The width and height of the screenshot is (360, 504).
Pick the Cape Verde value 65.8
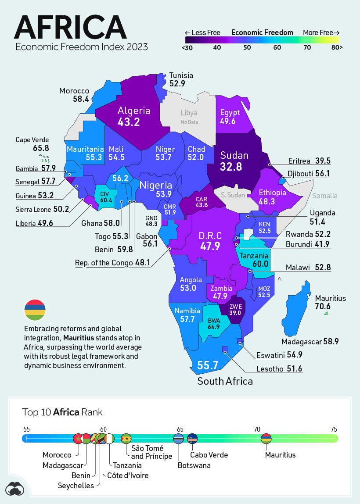pos(39,148)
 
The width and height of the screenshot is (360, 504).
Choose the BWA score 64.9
pos(214,327)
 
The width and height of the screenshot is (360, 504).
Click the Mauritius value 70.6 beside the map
pos(323,306)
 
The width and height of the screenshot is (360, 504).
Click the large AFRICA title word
pos(70,27)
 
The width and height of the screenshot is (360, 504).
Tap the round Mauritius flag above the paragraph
pos(35,310)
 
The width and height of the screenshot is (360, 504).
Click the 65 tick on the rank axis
pos(180,429)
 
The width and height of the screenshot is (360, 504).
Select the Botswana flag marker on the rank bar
pos(178,439)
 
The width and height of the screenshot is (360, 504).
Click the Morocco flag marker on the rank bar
pos(78,439)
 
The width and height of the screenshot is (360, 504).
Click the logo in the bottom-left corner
pos(15,489)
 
